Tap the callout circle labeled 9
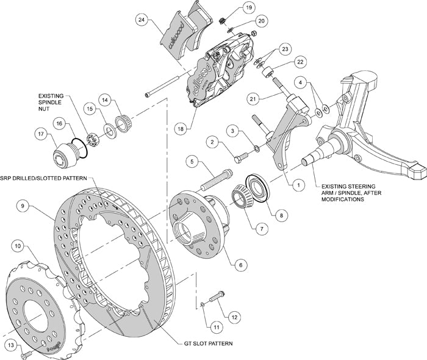pyautogui.click(x=23, y=206)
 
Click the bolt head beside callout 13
pyautogui.click(x=23, y=354)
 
